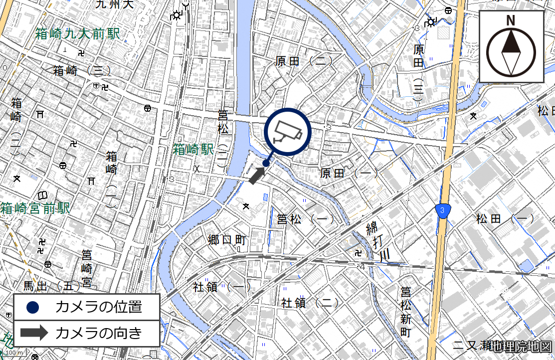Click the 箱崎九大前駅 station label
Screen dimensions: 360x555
(x=78, y=34)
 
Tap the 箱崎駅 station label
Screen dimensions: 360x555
(x=193, y=149)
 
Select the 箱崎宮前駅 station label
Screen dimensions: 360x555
(x=35, y=208)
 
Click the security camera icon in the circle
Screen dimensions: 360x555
(x=287, y=131)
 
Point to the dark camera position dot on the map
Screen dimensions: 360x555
(x=266, y=163)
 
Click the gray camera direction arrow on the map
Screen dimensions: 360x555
(x=257, y=176)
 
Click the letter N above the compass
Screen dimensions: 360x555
(x=511, y=20)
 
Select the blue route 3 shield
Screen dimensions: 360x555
(x=442, y=210)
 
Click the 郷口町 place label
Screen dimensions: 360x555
(x=227, y=239)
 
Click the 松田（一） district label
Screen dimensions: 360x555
(x=505, y=218)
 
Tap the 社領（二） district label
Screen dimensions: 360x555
(x=310, y=302)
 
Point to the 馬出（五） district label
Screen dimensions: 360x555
(x=51, y=286)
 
